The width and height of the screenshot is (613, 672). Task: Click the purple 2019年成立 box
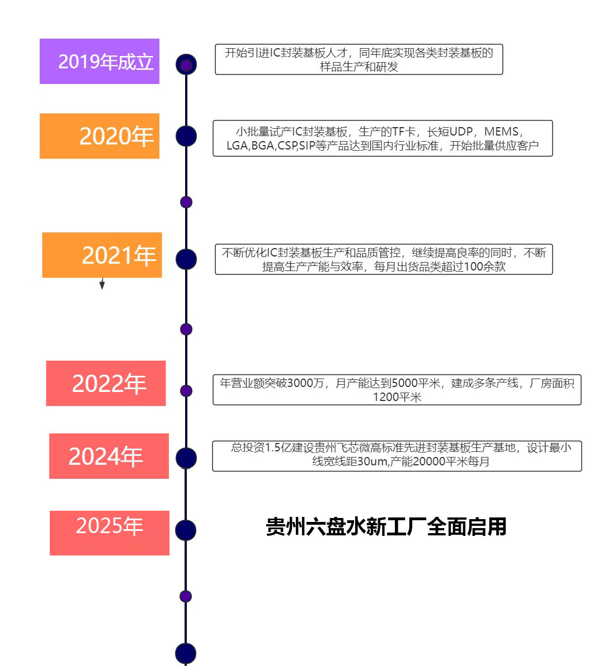[x=100, y=61]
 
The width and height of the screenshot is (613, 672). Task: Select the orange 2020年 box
[x=100, y=136]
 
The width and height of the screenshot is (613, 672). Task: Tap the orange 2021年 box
[x=102, y=255]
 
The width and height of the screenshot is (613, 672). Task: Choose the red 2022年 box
[x=106, y=383]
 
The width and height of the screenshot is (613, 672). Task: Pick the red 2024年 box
[x=109, y=456]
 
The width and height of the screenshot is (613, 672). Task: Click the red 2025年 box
[x=110, y=533]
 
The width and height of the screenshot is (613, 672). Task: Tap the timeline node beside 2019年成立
[x=186, y=64]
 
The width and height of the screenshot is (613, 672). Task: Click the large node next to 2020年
[x=186, y=136]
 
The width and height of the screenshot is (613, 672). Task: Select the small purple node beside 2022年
[x=186, y=391]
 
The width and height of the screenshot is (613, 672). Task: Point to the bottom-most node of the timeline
[x=186, y=654]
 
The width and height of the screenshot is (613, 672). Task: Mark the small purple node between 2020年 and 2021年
[x=186, y=202]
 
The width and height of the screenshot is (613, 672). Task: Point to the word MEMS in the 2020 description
[x=501, y=132]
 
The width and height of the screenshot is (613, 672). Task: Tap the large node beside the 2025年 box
[x=186, y=530]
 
